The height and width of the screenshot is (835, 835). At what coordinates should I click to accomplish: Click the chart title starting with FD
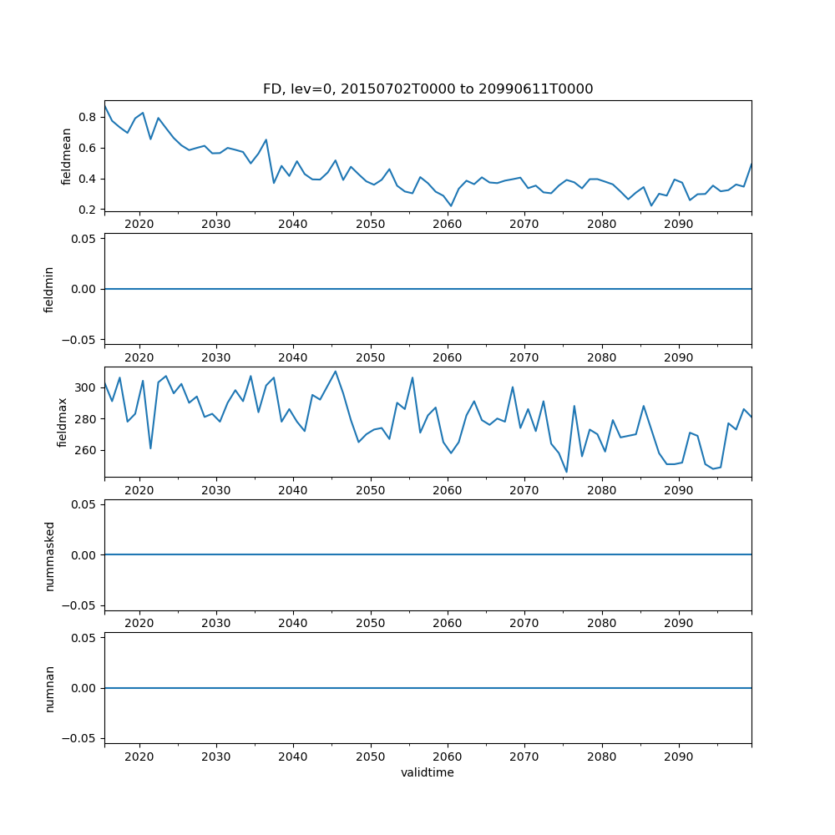428,89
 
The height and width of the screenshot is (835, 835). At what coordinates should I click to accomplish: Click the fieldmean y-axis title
66,155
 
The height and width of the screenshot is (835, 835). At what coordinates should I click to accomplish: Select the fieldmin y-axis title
49,289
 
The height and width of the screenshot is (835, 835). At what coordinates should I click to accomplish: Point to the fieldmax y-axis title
62,422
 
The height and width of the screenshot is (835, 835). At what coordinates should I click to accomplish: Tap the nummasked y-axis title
49,555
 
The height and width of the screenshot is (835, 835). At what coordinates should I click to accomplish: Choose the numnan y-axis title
49,688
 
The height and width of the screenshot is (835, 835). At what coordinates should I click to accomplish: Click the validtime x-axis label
428,772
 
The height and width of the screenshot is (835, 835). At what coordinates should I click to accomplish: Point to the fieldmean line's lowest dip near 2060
451,205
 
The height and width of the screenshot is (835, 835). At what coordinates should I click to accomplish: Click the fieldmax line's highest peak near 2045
336,372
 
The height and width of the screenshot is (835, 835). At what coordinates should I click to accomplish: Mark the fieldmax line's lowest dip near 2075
566,472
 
